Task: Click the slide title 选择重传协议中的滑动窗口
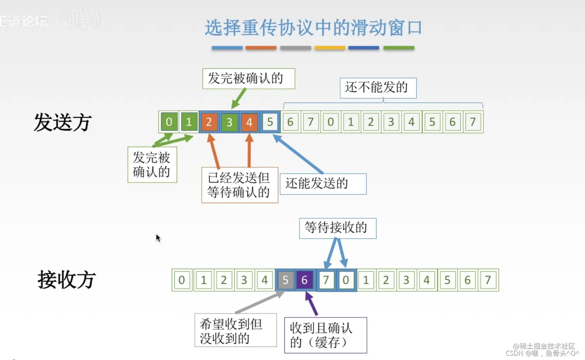(x=313, y=28)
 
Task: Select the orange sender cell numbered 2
(x=209, y=122)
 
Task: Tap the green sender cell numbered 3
(x=229, y=122)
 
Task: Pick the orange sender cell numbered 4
(x=250, y=122)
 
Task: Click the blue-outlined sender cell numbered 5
(x=270, y=122)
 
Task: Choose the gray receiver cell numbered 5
(x=285, y=280)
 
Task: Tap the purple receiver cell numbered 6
(x=304, y=280)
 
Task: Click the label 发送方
(x=63, y=122)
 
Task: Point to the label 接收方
(x=66, y=280)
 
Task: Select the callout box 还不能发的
(x=378, y=88)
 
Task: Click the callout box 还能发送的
(x=323, y=184)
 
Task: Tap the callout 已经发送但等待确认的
(x=239, y=185)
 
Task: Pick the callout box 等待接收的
(x=337, y=228)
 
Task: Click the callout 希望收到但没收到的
(x=235, y=330)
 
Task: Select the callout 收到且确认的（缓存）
(x=325, y=335)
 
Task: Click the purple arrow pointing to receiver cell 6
(x=311, y=304)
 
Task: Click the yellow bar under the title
(x=330, y=48)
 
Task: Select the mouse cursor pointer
(x=158, y=238)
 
